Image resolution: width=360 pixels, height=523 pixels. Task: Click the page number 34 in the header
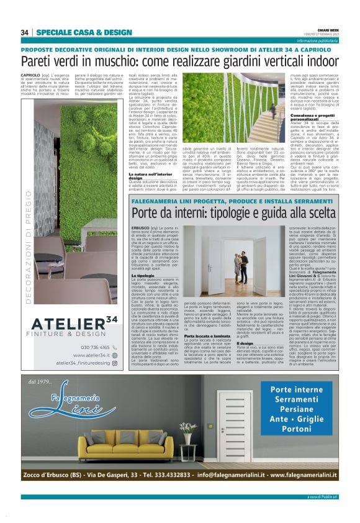[25, 32]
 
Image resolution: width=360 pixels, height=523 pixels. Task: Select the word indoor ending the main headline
[322, 61]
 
